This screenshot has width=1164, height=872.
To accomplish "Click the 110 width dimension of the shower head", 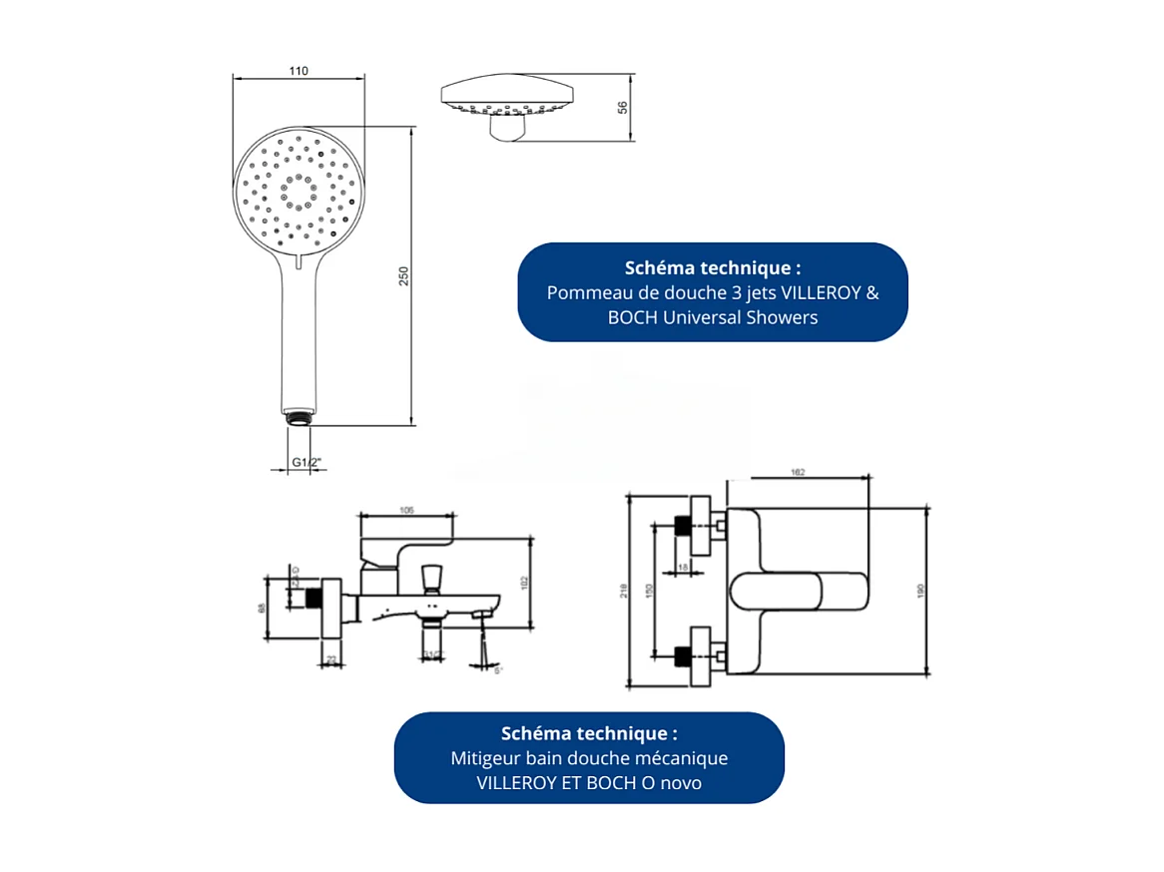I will [297, 71].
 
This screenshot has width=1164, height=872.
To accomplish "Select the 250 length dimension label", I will [404, 276].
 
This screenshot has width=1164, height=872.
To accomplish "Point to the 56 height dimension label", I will [623, 108].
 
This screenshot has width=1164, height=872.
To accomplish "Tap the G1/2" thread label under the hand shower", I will [305, 462].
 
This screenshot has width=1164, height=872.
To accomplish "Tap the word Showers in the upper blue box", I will [782, 317].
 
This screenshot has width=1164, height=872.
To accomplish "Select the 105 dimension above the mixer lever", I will [407, 510].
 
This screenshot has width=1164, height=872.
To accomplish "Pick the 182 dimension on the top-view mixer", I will [798, 472].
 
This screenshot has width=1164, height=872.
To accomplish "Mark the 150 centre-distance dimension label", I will [648, 590].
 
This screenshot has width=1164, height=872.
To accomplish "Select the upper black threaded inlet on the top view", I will [683, 526].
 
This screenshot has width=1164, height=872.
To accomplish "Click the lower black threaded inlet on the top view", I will [683, 655].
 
